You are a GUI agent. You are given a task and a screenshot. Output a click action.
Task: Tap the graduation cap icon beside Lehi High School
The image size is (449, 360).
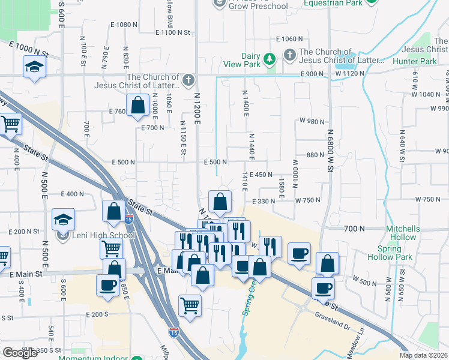[x=63, y=220]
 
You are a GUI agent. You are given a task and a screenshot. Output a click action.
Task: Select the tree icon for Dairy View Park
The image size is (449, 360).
[x=270, y=58]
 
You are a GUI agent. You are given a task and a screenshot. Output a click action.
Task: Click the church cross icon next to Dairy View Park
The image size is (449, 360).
[x=290, y=56]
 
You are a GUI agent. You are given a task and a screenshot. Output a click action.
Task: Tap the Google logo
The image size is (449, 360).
[x=20, y=353]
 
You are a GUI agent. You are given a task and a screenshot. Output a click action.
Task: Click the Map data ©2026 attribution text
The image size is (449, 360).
[x=424, y=355]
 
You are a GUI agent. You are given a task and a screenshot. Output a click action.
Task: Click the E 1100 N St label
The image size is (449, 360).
[x=172, y=32]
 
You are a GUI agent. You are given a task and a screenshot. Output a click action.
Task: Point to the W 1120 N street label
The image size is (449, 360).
[x=350, y=73]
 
